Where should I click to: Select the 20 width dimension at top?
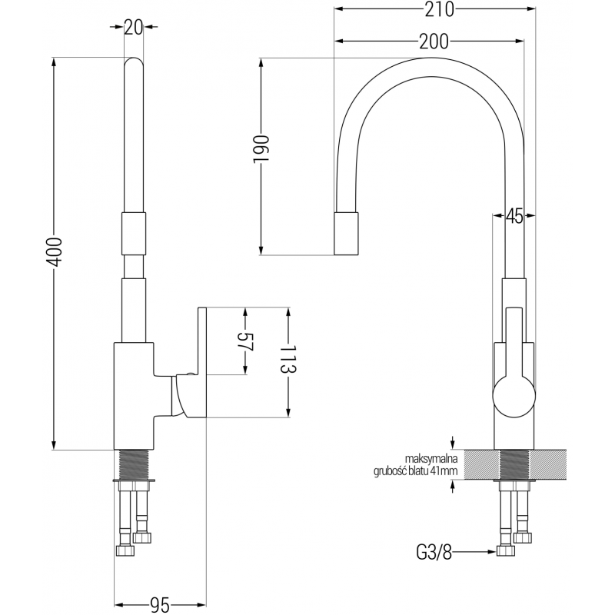pyautogui.click(x=134, y=28)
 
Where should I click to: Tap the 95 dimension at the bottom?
pyautogui.click(x=160, y=605)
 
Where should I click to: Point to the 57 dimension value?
pyautogui.click(x=245, y=342)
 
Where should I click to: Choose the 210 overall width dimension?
pyautogui.click(x=434, y=9)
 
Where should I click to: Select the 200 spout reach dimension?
pyautogui.click(x=434, y=42)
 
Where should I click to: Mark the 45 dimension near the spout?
pyautogui.click(x=514, y=218)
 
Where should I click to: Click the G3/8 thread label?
pyautogui.click(x=432, y=550)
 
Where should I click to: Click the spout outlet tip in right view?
pyautogui.click(x=347, y=234)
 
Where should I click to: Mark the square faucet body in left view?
pyautogui.click(x=135, y=396)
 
